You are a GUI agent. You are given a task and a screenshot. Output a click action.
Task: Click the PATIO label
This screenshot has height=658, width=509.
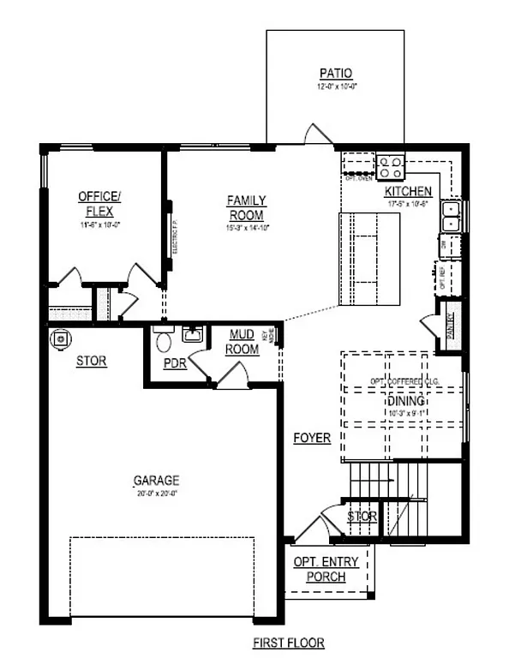pyautogui.click(x=336, y=74)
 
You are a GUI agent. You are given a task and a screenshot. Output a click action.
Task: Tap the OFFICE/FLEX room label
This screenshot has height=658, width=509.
pyautogui.click(x=99, y=201)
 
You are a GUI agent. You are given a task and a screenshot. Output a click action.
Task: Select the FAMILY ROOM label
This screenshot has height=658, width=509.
pyautogui.click(x=245, y=207)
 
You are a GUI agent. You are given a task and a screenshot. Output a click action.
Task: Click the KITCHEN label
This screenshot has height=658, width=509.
pyautogui.click(x=408, y=191)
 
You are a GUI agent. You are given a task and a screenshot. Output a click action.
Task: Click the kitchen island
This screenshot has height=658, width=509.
pyautogui.click(x=369, y=258)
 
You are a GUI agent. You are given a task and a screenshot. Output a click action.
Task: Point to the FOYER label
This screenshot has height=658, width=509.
pyautogui.click(x=312, y=438)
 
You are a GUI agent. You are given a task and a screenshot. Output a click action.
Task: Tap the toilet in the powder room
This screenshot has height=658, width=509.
pyautogui.click(x=163, y=340)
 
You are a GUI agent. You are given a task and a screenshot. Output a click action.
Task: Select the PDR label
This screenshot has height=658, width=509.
pyautogui.click(x=176, y=363)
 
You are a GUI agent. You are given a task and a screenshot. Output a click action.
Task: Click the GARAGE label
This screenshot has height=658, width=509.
pyautogui.click(x=156, y=481)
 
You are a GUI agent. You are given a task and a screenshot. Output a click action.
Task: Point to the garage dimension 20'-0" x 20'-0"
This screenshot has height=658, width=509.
pyautogui.click(x=156, y=493)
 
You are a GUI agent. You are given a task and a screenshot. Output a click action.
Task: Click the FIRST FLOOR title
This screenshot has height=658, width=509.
pyautogui.click(x=288, y=643)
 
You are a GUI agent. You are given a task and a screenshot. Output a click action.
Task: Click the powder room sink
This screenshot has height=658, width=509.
pyautogui.click(x=192, y=334)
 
